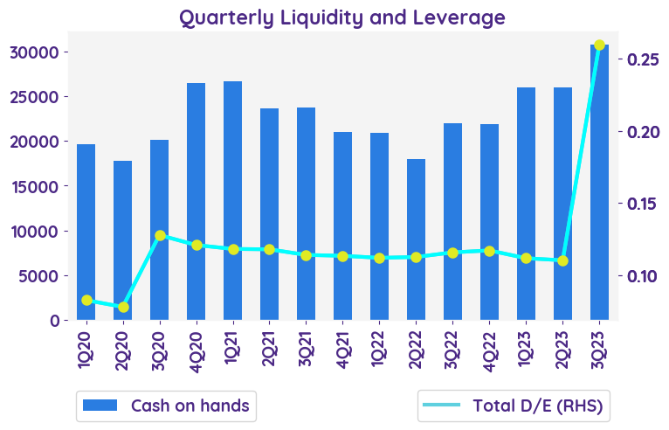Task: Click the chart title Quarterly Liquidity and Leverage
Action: (x=342, y=17)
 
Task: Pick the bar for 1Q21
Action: (x=232, y=201)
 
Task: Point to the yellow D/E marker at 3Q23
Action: (x=599, y=45)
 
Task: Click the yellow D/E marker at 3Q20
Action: (x=160, y=236)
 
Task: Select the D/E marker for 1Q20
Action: (x=86, y=301)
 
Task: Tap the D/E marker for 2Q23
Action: (x=562, y=260)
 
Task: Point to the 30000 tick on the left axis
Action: (x=39, y=52)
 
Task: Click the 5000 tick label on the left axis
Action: (x=44, y=276)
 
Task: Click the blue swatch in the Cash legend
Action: (x=99, y=406)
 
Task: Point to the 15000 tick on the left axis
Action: (x=39, y=186)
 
